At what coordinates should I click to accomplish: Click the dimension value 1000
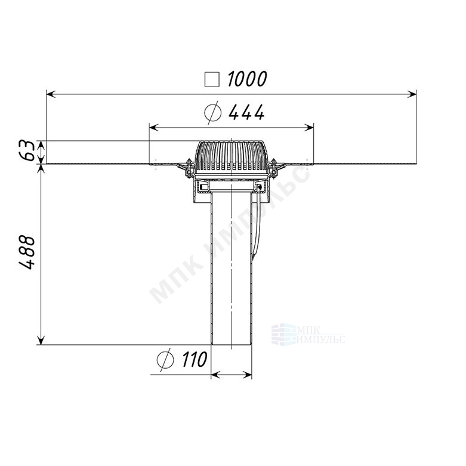pyautogui.click(x=247, y=79)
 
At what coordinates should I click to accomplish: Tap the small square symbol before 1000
pyautogui.click(x=212, y=79)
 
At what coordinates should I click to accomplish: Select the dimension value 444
pyautogui.click(x=246, y=112)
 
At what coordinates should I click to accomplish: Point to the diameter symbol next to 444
pyautogui.click(x=213, y=112)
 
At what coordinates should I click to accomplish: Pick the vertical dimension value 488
pyautogui.click(x=27, y=252)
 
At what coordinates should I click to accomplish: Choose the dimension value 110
pyautogui.click(x=195, y=359)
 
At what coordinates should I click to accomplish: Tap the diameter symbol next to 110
pyautogui.click(x=165, y=360)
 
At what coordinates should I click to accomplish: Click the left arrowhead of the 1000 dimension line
pyautogui.click(x=51, y=94)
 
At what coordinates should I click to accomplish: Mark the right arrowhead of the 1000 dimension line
pyautogui.click(x=412, y=94)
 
